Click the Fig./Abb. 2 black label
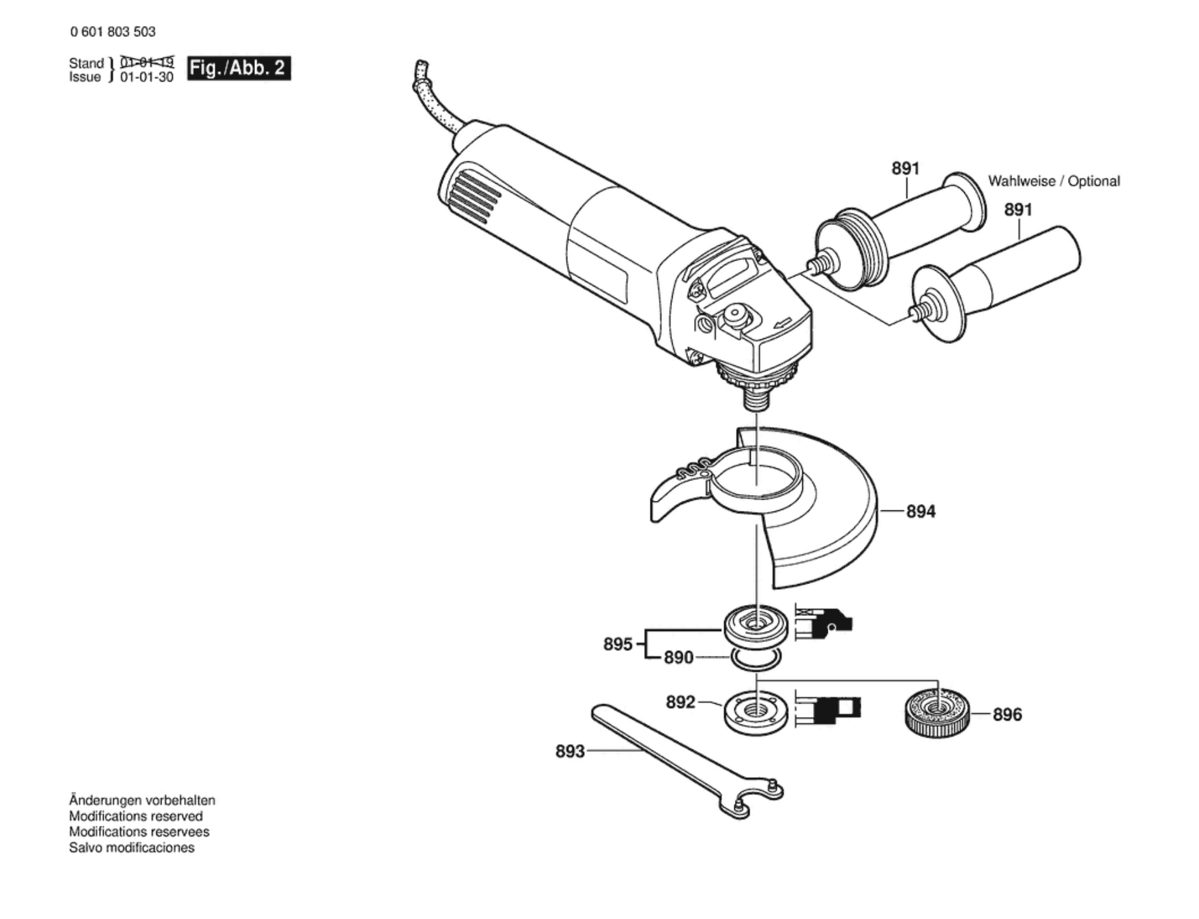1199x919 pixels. click(x=239, y=68)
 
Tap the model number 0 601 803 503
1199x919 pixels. click(x=113, y=32)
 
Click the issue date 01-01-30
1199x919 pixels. click(x=147, y=78)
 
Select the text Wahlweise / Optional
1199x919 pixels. click(x=1053, y=181)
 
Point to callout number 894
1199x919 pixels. click(x=921, y=511)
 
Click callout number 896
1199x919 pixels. click(x=1007, y=714)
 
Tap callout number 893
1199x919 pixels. click(x=570, y=751)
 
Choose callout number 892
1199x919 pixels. click(x=680, y=702)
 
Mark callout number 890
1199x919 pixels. click(x=678, y=657)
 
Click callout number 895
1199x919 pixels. click(x=618, y=644)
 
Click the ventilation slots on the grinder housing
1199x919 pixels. click(x=471, y=197)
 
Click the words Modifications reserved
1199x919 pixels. click(x=136, y=816)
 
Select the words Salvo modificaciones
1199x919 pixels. click(x=132, y=848)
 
